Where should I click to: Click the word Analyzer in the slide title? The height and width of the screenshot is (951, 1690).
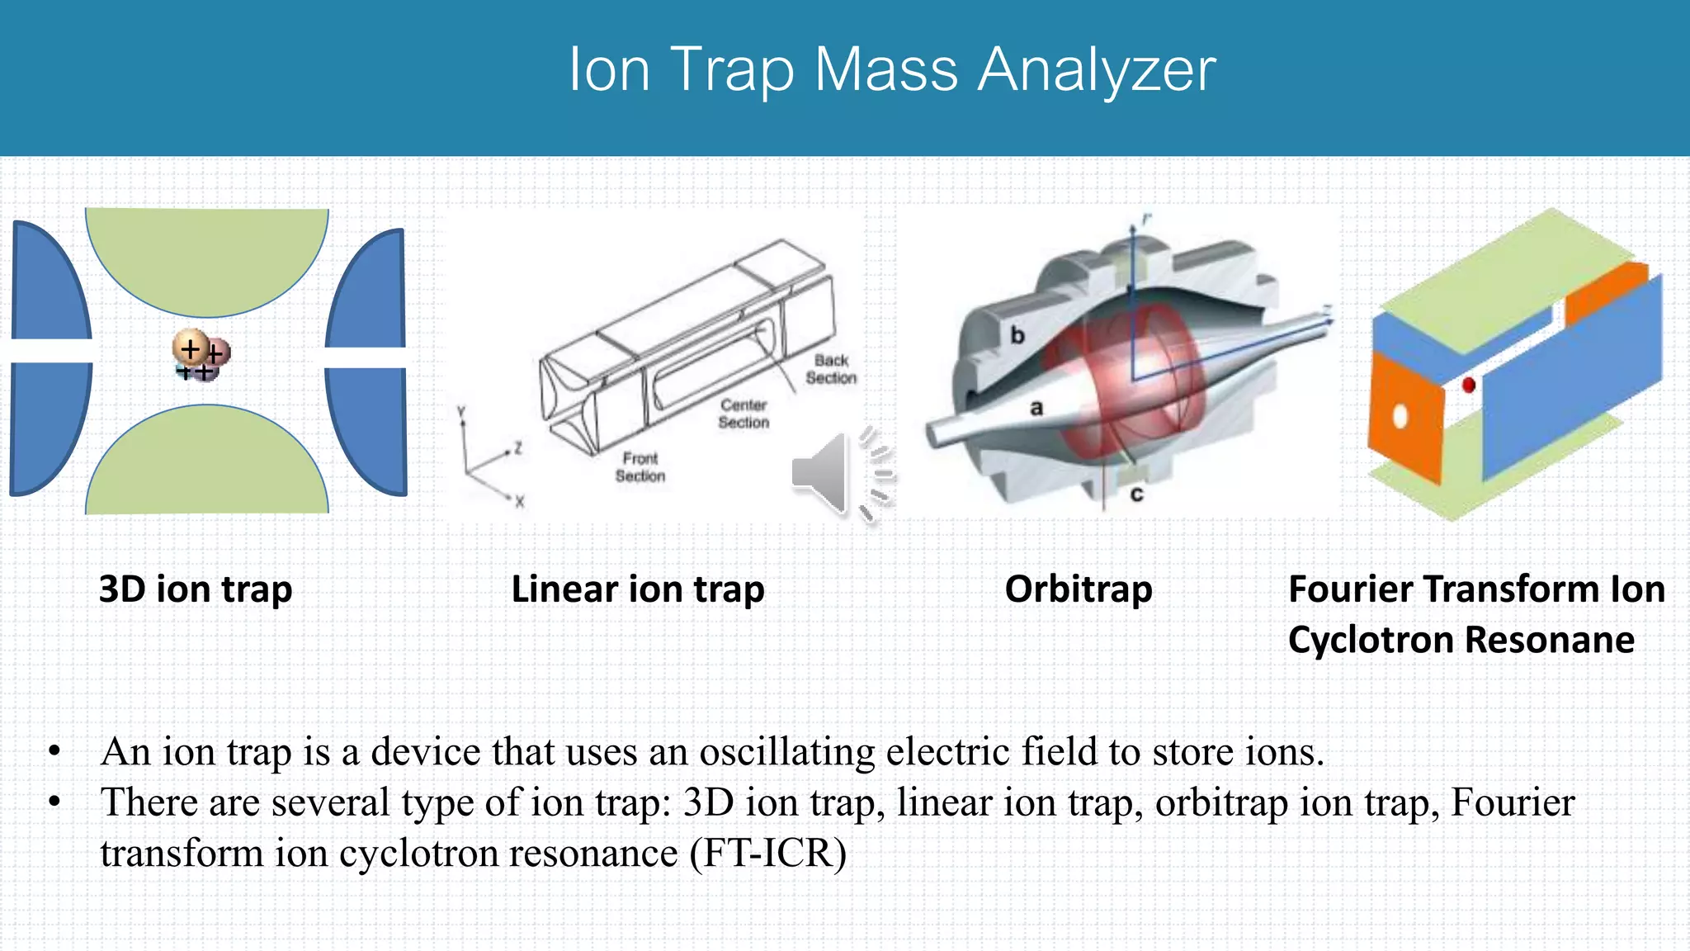1097,70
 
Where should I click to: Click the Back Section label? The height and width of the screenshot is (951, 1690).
831,369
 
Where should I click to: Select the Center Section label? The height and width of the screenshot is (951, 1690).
743,414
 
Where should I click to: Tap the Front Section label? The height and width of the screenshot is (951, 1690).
640,467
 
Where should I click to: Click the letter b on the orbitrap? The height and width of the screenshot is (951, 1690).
1017,335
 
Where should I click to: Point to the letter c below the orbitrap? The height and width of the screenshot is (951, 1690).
1136,494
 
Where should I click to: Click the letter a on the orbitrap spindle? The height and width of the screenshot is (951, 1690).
1036,408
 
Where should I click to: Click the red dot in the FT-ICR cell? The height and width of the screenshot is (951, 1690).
1469,385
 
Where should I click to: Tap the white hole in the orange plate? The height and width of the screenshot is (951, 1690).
1400,415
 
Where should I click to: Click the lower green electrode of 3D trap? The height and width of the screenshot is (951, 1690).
207,466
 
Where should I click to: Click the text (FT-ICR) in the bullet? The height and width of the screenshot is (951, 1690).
768,854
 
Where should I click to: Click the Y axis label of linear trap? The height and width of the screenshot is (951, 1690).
462,412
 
